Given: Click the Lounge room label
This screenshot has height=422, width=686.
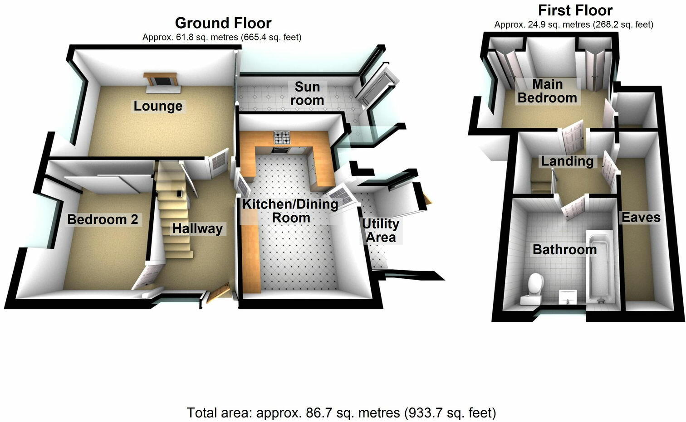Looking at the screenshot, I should [x=158, y=106].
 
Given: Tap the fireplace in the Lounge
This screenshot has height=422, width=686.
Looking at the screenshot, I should [x=162, y=81].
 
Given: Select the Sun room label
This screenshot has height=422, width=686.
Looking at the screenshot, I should [x=307, y=93].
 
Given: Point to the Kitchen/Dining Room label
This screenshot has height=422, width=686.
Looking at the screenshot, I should [x=290, y=211].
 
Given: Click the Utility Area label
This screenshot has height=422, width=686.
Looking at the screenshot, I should [x=381, y=230].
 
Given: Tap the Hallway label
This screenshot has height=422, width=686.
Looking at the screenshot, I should [x=197, y=228].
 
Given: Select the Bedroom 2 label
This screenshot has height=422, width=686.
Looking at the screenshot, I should [x=103, y=219].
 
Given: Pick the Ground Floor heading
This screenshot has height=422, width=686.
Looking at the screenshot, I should [x=223, y=23].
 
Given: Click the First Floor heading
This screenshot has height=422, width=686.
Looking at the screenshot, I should [x=575, y=10].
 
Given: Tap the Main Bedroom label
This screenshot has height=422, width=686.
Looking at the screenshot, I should [x=547, y=91].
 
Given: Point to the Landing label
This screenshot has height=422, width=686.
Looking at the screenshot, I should [x=567, y=161].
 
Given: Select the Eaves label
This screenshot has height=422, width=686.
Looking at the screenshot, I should [x=641, y=217].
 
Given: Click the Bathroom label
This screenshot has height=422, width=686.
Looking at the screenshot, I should [x=564, y=249].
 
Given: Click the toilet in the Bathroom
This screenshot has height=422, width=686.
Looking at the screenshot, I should [x=535, y=283].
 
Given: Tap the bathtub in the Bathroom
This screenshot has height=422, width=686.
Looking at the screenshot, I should [x=600, y=267].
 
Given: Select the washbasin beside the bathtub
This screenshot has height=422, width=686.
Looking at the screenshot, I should [x=566, y=297].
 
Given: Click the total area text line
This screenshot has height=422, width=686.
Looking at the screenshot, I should [x=342, y=413].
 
